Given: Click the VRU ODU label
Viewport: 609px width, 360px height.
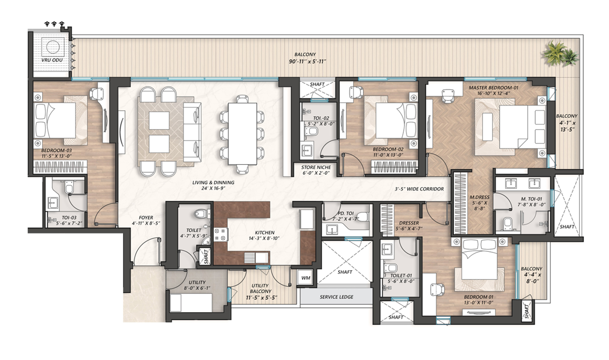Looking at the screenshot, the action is point(52,60).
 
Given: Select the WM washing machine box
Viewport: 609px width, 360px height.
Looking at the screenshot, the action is point(306,278).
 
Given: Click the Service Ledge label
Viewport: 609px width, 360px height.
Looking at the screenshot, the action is point(337,297).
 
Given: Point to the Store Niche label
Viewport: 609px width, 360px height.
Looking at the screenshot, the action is point(316,167).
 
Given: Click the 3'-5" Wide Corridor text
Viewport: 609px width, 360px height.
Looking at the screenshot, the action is point(419,189).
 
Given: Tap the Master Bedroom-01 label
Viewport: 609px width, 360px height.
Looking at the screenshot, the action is point(493,88).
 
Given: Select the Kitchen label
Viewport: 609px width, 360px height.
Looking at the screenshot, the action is point(264,232).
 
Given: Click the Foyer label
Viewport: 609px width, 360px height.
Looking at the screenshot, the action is point(146,217).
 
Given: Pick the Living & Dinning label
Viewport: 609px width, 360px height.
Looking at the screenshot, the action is point(213,182).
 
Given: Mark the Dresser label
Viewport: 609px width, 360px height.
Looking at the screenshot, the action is point(409,223).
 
